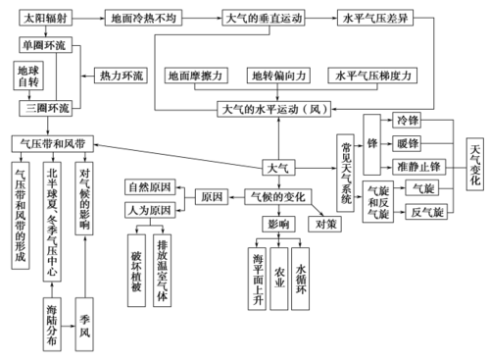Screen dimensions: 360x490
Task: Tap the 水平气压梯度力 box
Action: click(376, 76)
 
